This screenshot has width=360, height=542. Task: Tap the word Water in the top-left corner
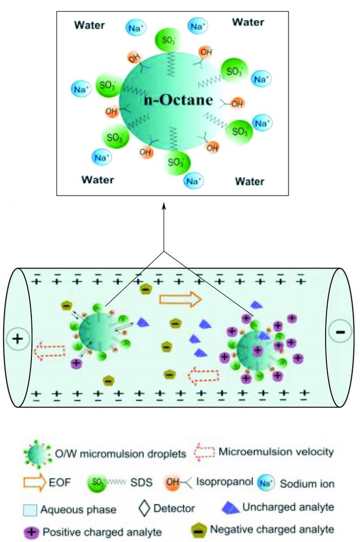(89, 25)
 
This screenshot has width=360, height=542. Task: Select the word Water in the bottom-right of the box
(249, 181)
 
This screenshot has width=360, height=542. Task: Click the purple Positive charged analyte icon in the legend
(33, 531)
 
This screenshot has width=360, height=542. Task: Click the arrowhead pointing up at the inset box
(164, 206)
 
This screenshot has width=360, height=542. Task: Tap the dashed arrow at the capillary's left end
(49, 352)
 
